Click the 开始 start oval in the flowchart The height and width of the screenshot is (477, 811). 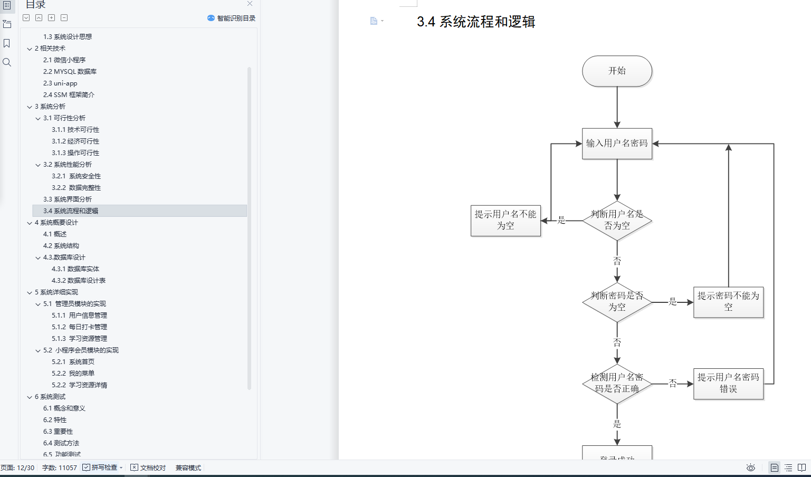coord(617,71)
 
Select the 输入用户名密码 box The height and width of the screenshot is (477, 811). coord(617,144)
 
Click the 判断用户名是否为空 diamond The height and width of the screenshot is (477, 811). coord(617,220)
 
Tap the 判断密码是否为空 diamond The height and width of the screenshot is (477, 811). coord(617,302)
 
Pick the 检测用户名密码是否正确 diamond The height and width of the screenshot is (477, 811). coord(617,384)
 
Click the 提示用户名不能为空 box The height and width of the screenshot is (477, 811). coord(505,220)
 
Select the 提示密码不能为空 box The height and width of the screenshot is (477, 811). coord(728,302)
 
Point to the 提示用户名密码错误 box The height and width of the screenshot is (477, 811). coord(728,384)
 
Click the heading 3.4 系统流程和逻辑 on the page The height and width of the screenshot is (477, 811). coord(476,22)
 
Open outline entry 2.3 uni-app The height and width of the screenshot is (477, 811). coord(60,83)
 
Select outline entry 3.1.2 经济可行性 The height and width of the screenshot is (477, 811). coord(75,141)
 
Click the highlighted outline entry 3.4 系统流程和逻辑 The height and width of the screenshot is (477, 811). coord(71,211)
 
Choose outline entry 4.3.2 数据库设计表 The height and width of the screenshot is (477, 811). coord(79,281)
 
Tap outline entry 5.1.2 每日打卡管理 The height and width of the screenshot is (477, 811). coord(80,327)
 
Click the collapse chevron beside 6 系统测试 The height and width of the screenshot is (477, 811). coord(30,397)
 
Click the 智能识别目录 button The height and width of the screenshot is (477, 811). coord(232,18)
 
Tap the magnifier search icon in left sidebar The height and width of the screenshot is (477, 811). coord(7,62)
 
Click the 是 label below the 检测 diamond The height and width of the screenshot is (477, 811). coord(617,424)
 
